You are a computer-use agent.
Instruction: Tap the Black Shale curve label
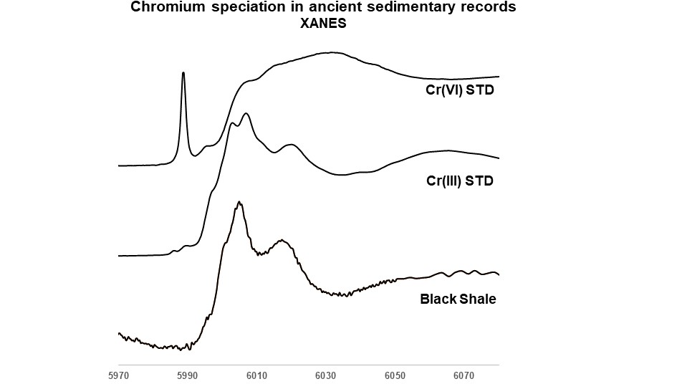pos(458,299)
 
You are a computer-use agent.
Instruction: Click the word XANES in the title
pos(323,22)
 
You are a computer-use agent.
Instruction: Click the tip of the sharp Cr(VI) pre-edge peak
pos(184,72)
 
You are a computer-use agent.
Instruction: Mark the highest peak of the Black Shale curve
pos(239,203)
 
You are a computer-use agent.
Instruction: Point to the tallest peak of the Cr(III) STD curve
pos(246,113)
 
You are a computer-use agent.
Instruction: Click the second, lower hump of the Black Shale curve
pos(282,241)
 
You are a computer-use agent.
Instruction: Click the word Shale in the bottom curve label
pos(476,299)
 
